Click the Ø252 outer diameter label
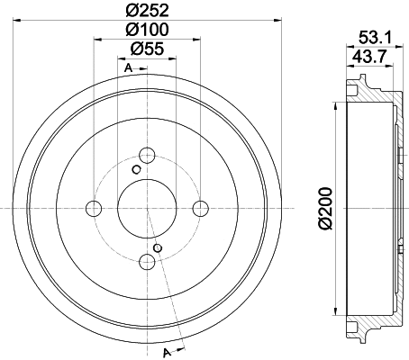pos(149,12)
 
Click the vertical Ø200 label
pos(324,209)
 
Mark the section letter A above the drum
pos(129,69)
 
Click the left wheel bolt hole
pos(94,209)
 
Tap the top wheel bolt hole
pos(148,155)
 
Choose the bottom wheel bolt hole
pos(148,263)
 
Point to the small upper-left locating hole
pos(136,169)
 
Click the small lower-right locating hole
pos(159,247)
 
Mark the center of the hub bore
pos(148,209)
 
